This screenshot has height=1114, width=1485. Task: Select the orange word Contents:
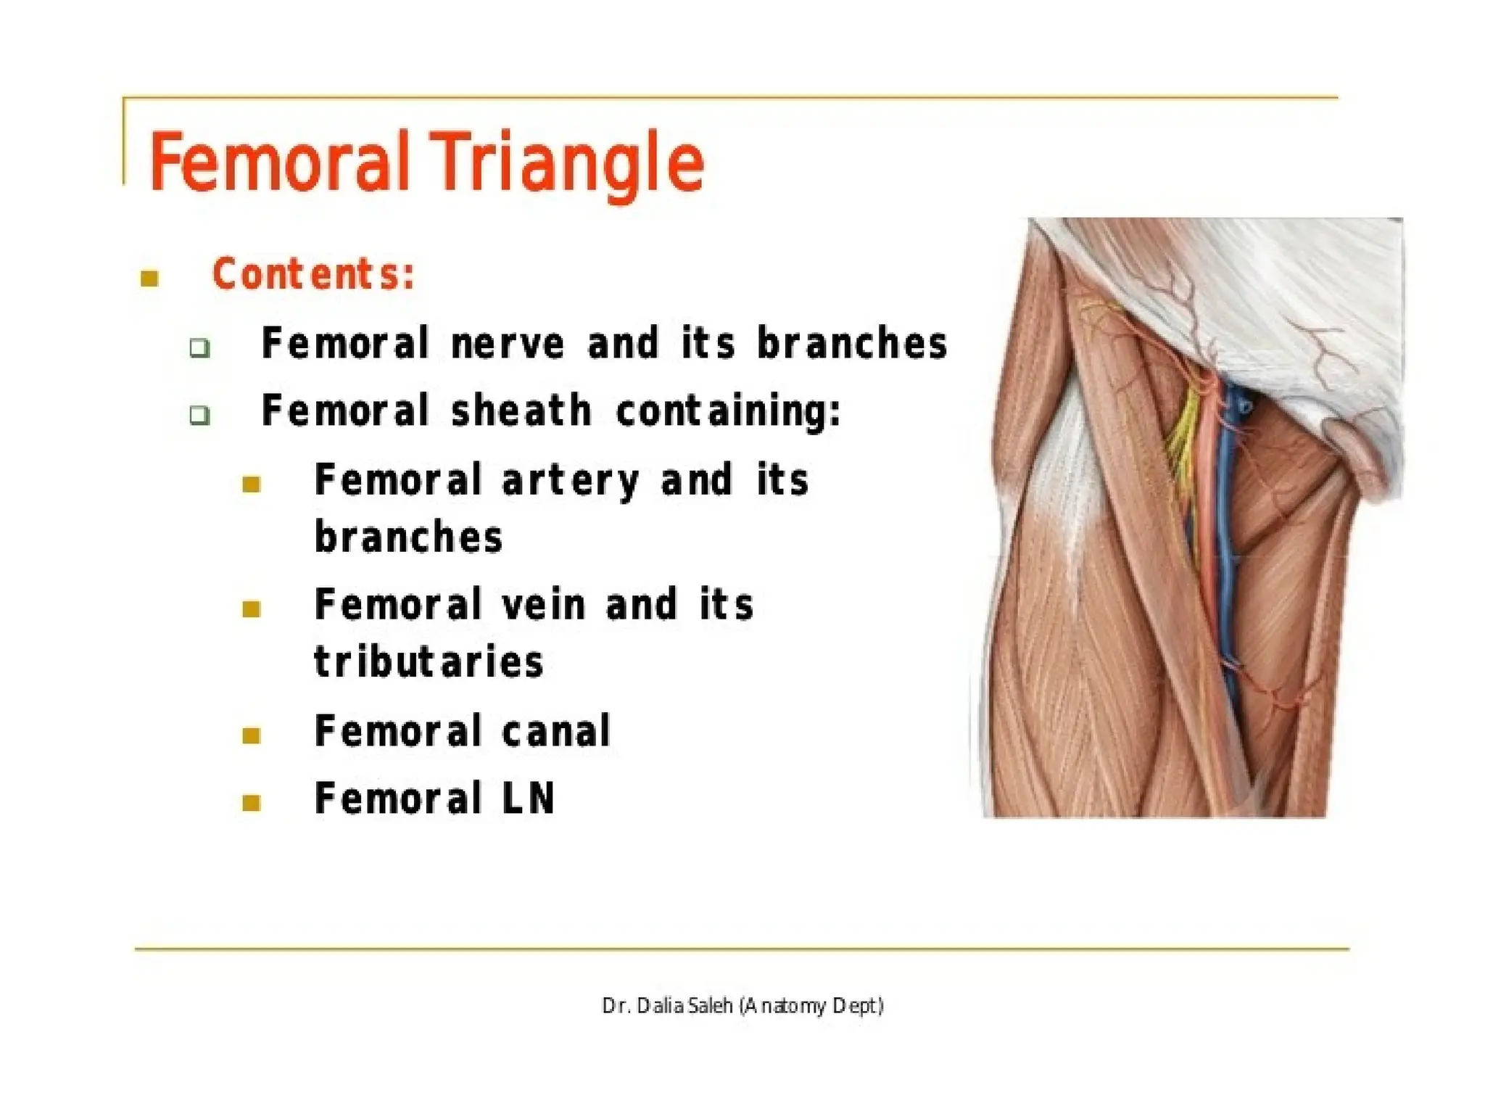313,274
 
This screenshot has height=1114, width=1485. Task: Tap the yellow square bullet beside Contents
150,278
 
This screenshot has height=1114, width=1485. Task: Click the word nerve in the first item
507,343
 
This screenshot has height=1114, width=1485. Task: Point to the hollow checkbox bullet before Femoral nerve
199,348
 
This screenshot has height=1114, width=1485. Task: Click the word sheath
521,410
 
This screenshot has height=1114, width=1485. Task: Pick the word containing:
728,410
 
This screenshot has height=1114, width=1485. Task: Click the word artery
570,481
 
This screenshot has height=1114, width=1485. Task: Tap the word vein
543,605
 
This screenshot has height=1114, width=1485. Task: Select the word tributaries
428,662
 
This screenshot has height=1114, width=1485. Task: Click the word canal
556,730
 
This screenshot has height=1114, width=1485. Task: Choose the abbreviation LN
529,799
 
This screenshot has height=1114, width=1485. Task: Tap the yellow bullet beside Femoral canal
252,735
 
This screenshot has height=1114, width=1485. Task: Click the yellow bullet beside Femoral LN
252,803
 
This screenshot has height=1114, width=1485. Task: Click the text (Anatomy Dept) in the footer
811,1007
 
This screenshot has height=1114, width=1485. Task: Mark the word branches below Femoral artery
408,537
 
